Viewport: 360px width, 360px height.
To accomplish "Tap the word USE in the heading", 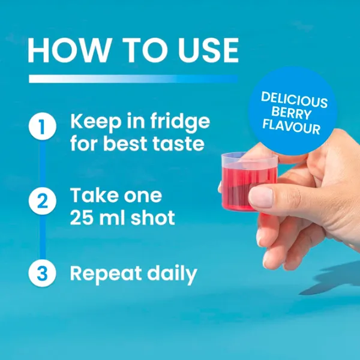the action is point(208,50).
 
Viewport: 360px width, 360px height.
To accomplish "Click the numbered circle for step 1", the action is point(42,126).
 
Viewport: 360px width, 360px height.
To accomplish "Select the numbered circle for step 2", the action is point(42,201).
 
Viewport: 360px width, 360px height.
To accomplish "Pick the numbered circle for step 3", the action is point(42,273).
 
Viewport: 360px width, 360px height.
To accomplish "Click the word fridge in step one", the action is point(180,122).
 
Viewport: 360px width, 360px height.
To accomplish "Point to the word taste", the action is point(178,144).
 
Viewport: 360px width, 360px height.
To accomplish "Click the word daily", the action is point(172,274).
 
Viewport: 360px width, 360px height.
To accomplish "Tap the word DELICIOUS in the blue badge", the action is point(294,100).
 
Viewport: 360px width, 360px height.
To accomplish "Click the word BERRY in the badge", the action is point(292,113).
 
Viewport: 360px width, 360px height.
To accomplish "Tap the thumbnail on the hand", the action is point(261,197).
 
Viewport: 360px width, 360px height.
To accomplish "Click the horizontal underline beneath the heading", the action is point(133,79).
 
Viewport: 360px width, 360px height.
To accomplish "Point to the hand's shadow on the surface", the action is point(333,279).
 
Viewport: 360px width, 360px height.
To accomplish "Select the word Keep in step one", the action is point(96,122).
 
